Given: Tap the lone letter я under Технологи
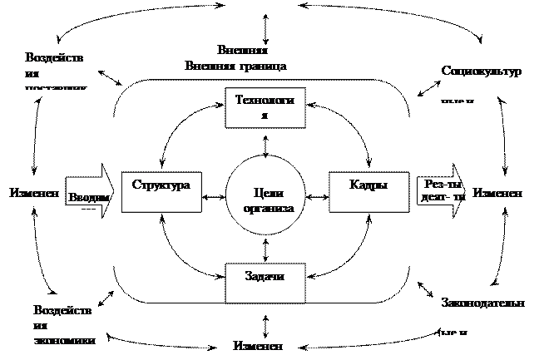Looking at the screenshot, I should point(265,116).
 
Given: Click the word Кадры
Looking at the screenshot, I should point(368,185).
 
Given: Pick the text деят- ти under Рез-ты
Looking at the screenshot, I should point(442,200).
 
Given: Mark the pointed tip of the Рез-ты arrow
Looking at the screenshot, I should point(469,193).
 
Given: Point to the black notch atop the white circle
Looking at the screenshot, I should point(265,155).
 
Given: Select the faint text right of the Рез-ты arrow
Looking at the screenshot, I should point(497,193).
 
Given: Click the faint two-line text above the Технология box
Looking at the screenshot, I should point(237,57).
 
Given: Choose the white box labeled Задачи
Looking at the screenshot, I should point(265,282).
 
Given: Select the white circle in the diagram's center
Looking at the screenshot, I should point(265,196).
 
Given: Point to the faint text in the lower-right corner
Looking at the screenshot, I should point(482,314).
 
